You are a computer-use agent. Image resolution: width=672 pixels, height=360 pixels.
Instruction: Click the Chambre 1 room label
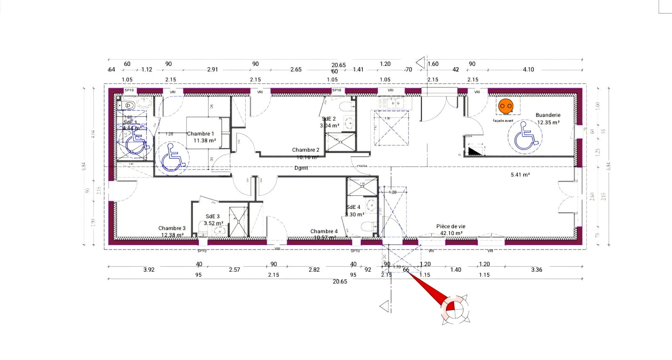(x=200, y=134)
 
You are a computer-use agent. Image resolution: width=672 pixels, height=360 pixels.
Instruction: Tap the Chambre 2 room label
(x=305, y=150)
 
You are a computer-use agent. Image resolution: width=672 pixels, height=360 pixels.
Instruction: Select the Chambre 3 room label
(x=172, y=228)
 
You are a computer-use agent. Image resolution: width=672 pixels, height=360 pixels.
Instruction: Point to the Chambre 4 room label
(x=324, y=231)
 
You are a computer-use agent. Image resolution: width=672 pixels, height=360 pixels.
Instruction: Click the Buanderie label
(x=548, y=115)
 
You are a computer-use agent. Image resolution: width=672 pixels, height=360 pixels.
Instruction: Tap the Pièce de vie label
(x=451, y=226)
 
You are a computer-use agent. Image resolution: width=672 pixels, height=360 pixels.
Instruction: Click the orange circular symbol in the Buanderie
(x=505, y=106)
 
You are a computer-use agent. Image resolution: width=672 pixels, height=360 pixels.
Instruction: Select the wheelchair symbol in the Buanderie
(x=525, y=137)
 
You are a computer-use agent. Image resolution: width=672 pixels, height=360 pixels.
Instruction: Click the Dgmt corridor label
(x=301, y=168)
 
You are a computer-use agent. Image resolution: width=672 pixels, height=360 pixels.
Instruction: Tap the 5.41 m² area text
(x=520, y=174)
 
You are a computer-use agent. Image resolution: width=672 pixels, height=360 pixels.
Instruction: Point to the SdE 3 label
(x=213, y=216)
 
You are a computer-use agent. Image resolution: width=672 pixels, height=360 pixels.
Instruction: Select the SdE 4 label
(x=353, y=207)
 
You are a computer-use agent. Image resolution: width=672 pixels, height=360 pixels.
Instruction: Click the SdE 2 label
(x=328, y=119)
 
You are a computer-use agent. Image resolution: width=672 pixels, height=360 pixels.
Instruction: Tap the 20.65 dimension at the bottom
(x=340, y=281)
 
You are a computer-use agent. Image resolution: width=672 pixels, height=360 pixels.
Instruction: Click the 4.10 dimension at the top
(x=528, y=69)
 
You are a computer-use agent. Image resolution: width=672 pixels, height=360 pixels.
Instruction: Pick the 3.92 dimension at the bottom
(x=149, y=270)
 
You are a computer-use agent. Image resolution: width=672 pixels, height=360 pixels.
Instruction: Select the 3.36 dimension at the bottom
(x=536, y=270)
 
